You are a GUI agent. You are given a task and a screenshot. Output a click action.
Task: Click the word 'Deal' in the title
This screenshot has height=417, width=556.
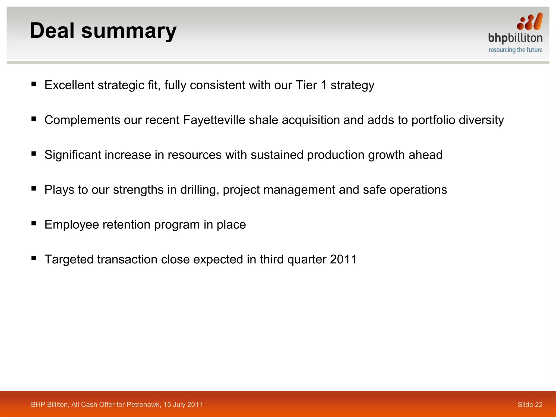(52, 30)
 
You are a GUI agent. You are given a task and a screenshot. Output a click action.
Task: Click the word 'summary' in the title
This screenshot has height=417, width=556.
(129, 31)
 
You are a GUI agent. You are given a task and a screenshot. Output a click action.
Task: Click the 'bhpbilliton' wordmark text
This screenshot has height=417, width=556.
(515, 38)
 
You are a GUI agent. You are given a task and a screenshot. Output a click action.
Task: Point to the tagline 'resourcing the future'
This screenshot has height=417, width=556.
(515, 50)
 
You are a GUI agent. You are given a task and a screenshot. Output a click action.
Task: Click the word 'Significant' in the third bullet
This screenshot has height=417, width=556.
(73, 155)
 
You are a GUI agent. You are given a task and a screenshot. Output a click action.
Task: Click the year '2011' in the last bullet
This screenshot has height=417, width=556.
(343, 260)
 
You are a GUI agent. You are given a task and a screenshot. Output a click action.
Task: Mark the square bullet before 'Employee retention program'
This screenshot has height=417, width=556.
(34, 223)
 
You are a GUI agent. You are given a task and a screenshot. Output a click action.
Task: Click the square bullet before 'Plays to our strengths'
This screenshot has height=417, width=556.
(34, 188)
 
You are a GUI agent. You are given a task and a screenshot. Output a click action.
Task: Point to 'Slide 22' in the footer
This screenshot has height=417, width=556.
(530, 405)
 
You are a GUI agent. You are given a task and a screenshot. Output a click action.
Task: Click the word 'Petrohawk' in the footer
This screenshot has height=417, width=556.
(144, 405)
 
